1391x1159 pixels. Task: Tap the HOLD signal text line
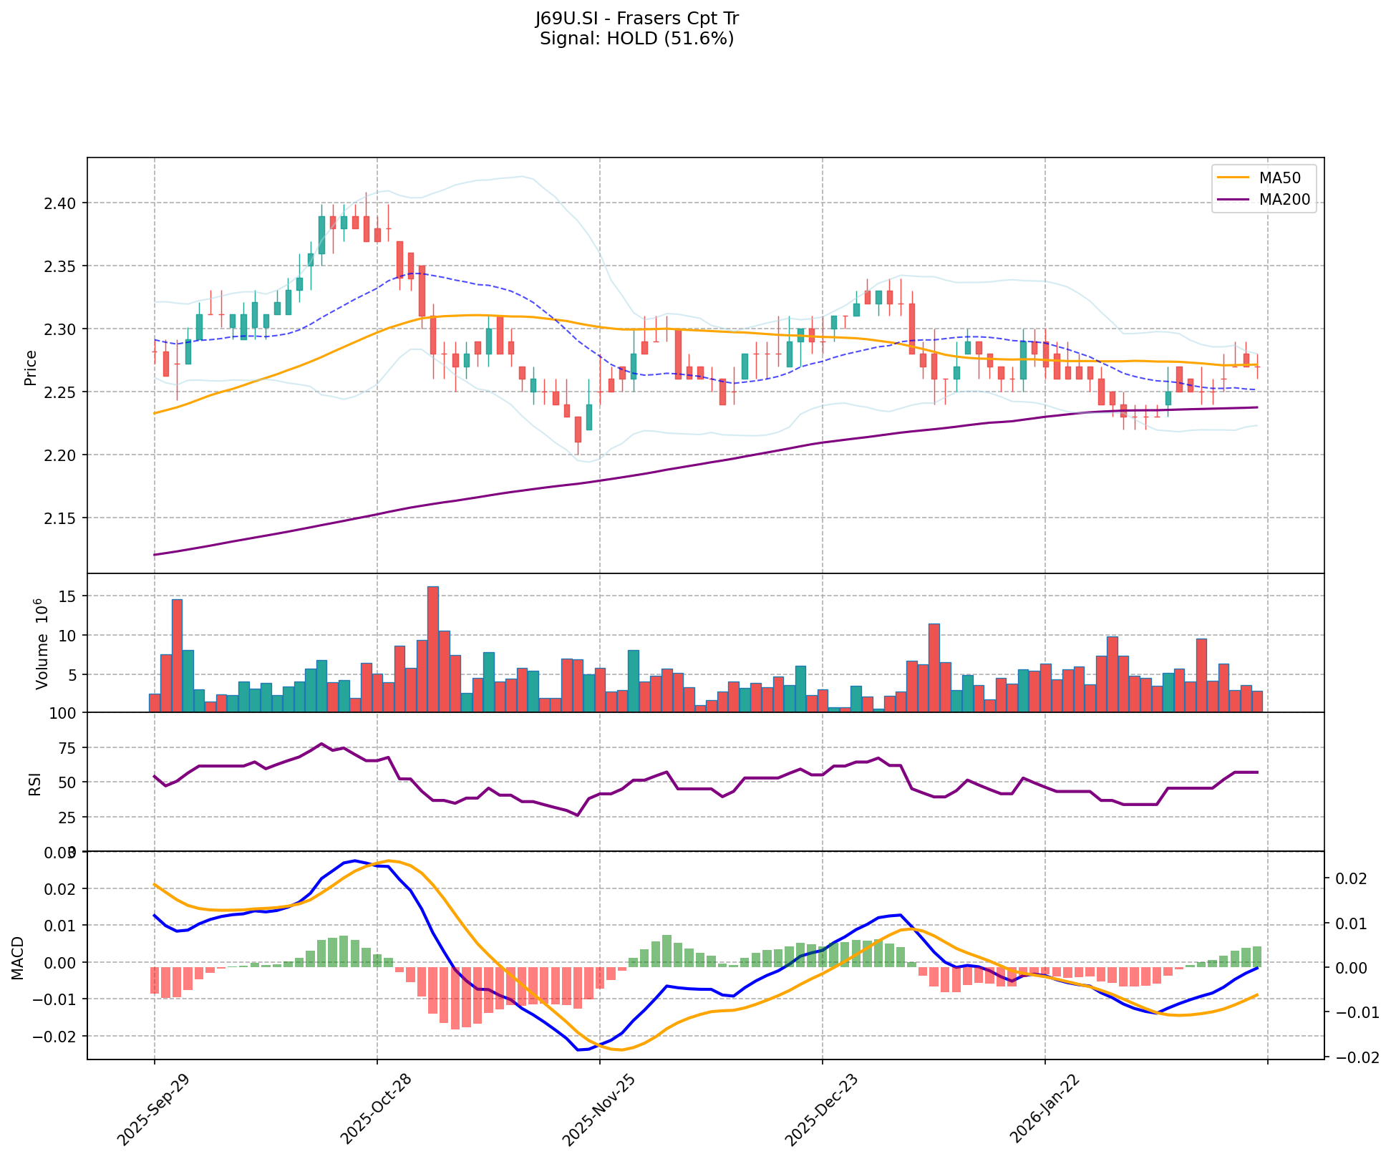636,39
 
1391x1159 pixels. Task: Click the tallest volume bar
433,649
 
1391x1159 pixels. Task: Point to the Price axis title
30,367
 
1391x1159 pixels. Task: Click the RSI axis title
34,783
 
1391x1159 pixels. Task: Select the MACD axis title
19,958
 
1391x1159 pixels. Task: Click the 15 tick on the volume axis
70,596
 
